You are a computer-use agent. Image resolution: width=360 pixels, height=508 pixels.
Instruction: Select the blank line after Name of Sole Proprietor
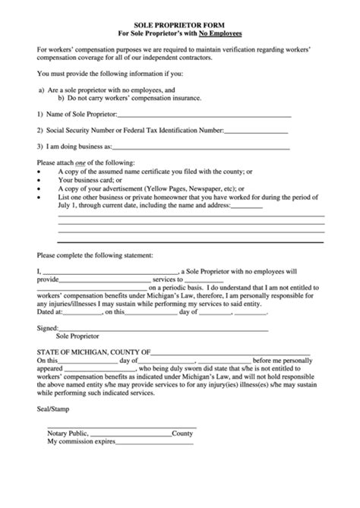pyautogui.click(x=204, y=115)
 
